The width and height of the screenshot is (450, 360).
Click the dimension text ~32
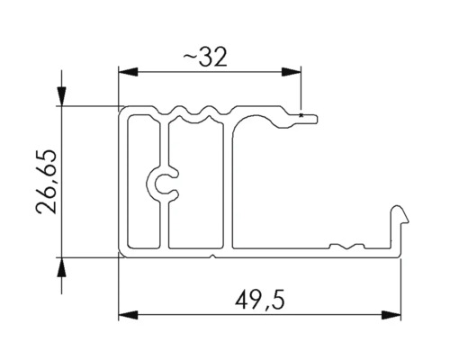[x=208, y=57]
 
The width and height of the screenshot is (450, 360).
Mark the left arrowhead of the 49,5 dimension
[x=126, y=313]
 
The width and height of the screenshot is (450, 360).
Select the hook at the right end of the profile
[x=400, y=218]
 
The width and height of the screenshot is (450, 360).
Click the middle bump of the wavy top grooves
[x=191, y=112]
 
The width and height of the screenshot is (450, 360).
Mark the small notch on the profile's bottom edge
[x=211, y=256]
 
